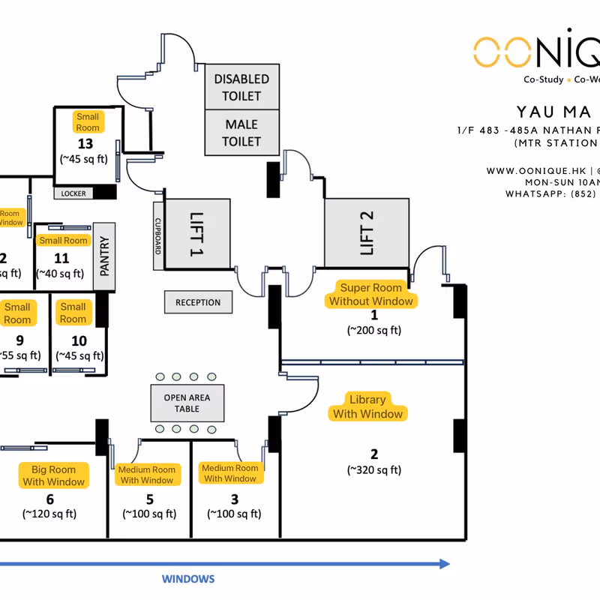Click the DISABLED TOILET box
click(x=241, y=87)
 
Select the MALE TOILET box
click(x=241, y=133)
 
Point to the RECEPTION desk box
click(x=198, y=302)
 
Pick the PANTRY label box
click(x=104, y=256)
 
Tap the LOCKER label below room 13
click(x=73, y=193)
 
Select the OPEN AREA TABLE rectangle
click(x=187, y=403)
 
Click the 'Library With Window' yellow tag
click(x=367, y=406)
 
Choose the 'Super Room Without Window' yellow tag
click(x=371, y=294)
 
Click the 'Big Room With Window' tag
click(x=53, y=475)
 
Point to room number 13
click(x=85, y=143)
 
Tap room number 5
click(x=149, y=499)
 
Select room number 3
click(x=234, y=499)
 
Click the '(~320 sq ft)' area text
click(x=373, y=470)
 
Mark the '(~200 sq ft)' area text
click(x=373, y=329)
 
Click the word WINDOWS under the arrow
click(x=188, y=579)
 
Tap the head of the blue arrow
click(x=445, y=564)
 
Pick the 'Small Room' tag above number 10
click(x=73, y=313)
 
